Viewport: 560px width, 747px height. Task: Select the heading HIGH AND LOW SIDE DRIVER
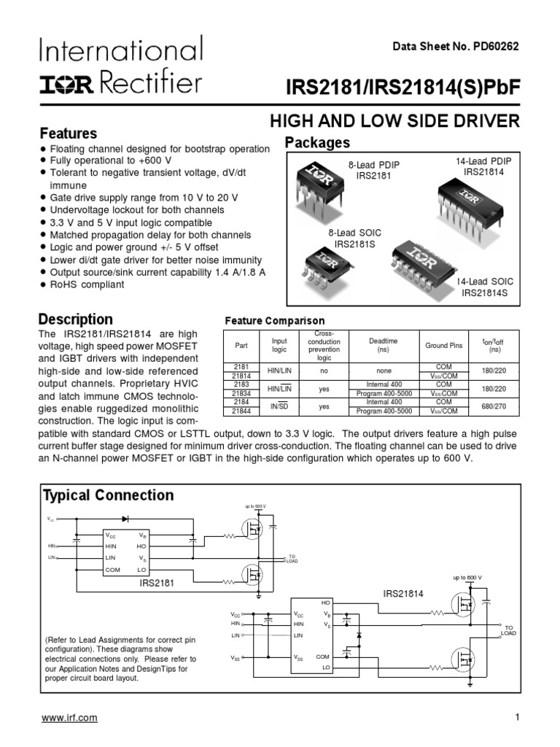(394, 121)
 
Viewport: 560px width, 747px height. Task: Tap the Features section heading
(68, 133)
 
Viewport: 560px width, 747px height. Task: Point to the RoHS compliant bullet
(87, 285)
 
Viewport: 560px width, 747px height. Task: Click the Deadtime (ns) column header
(383, 345)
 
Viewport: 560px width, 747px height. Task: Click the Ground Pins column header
(444, 345)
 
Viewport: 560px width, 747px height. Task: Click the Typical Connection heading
(109, 495)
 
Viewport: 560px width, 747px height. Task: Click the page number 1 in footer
(516, 718)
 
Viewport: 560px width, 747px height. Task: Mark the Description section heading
(76, 319)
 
